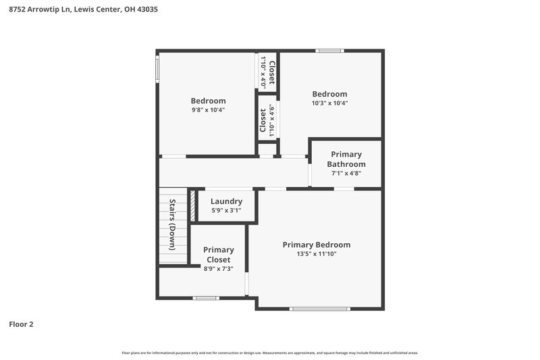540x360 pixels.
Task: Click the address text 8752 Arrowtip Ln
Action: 40,10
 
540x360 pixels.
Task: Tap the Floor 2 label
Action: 21,324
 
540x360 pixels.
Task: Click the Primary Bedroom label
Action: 316,245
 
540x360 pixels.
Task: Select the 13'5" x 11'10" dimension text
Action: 316,254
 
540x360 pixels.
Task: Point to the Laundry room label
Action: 226,201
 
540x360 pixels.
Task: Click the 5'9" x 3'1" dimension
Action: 226,211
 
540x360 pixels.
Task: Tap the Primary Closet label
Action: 218,255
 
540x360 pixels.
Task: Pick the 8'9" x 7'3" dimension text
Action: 218,269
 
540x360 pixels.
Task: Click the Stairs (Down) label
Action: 172,225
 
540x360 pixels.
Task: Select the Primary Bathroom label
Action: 346,159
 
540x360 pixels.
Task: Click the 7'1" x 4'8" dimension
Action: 346,173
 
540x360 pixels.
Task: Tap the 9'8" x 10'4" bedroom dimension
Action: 208,109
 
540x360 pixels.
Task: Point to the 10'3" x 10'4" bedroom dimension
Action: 329,103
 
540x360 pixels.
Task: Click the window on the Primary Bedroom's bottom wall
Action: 319,309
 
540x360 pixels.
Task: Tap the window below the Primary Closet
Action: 206,298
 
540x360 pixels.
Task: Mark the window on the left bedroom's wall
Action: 158,70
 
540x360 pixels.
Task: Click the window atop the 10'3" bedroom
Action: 329,51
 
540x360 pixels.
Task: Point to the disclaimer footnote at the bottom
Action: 270,353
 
